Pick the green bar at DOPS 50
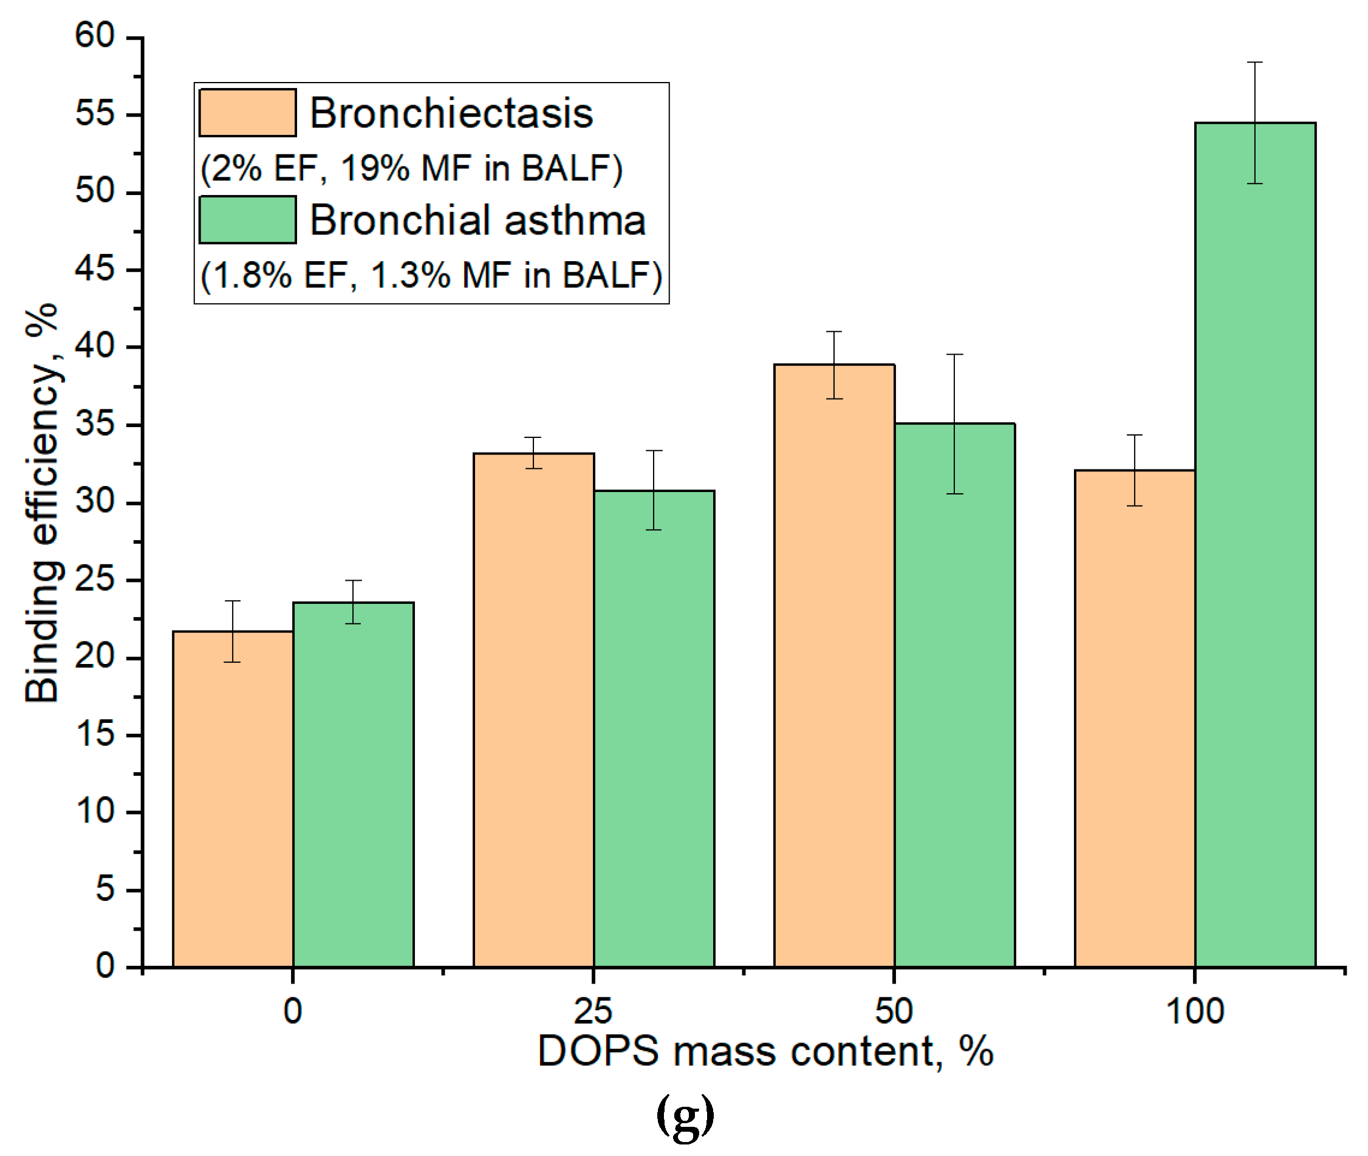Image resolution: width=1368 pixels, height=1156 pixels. pos(954,695)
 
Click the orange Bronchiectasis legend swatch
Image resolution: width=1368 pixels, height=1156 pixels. pos(247,113)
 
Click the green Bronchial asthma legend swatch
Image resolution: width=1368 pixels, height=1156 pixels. pos(247,219)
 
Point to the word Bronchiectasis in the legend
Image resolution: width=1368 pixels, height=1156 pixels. pos(451,113)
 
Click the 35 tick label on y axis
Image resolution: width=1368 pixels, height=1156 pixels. pos(95,424)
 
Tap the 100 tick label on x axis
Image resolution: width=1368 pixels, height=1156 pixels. pos(1194,1011)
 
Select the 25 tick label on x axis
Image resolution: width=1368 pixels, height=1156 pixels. pos(593,1011)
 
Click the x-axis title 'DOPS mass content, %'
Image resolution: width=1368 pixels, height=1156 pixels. pos(765,1052)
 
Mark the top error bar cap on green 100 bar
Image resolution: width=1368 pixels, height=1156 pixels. pos(1254,62)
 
